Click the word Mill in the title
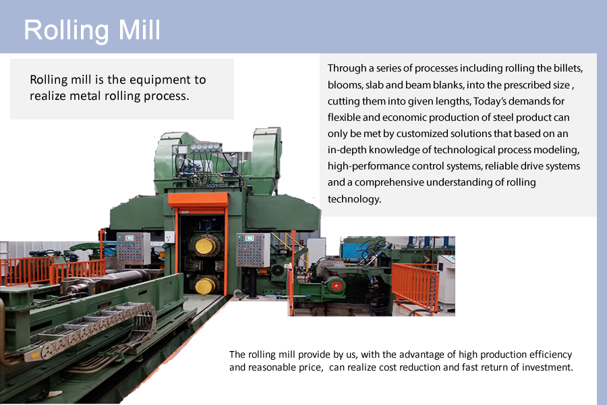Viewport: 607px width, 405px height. [140, 30]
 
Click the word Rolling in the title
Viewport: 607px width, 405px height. [67, 31]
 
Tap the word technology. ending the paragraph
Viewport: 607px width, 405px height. [354, 199]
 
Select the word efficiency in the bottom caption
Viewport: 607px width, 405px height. [550, 354]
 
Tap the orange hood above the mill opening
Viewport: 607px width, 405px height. [198, 200]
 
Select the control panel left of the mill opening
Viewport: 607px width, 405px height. [133, 248]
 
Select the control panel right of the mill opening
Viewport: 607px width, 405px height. [253, 250]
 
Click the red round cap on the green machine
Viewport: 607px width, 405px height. [337, 286]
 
